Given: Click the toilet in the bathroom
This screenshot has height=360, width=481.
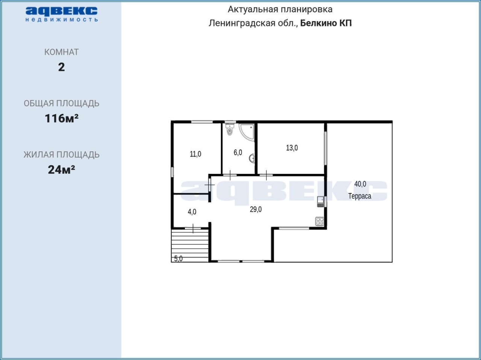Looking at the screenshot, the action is (230, 130).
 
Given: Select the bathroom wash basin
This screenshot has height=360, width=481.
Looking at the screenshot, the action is (252, 158).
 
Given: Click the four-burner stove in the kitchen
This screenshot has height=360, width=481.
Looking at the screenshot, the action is (319, 221).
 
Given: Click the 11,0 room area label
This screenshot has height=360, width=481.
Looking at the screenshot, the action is (195, 154).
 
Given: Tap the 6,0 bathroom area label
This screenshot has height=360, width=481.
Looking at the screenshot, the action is (238, 152).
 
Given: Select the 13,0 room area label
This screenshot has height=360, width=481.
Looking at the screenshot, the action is (292, 148).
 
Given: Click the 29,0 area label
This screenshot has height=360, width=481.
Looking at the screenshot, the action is (256, 209).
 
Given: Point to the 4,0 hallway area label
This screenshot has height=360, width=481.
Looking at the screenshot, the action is (192, 212).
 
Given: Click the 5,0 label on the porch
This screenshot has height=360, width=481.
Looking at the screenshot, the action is (178, 259).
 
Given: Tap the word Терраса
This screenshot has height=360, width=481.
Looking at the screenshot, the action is (360, 196).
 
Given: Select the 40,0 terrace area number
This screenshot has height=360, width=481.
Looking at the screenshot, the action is (360, 184).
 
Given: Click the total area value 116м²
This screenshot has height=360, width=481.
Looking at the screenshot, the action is (62, 118).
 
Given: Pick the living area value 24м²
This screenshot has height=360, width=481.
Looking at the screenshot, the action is (62, 170).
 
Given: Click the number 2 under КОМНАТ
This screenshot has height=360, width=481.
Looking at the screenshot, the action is (62, 67).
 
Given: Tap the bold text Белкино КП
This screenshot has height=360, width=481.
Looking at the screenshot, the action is (326, 23).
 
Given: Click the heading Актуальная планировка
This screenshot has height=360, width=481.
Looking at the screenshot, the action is (280, 9).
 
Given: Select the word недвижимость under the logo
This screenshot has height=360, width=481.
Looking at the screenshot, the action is (62, 20).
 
